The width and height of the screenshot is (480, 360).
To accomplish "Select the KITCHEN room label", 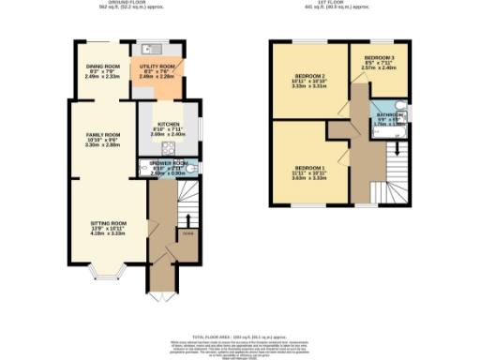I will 169,124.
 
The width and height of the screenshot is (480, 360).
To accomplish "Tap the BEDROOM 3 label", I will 380,58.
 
